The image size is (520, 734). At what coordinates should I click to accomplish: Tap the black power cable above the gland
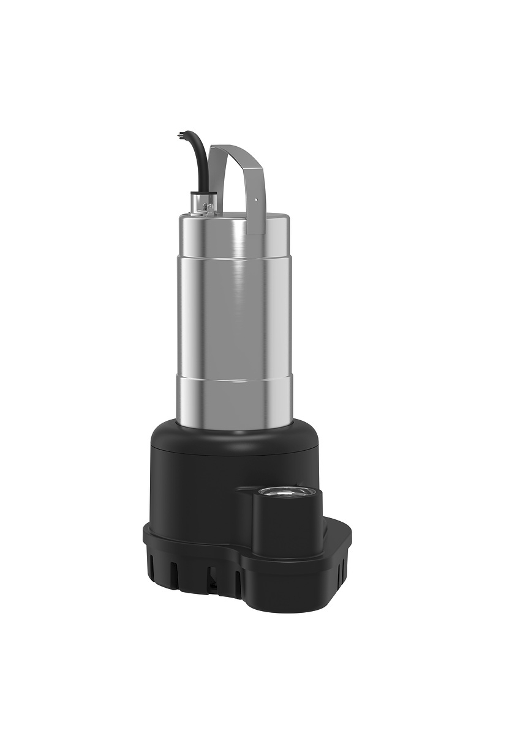pyautogui.click(x=198, y=159)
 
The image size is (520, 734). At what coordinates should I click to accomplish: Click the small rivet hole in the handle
pyautogui.click(x=255, y=198)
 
